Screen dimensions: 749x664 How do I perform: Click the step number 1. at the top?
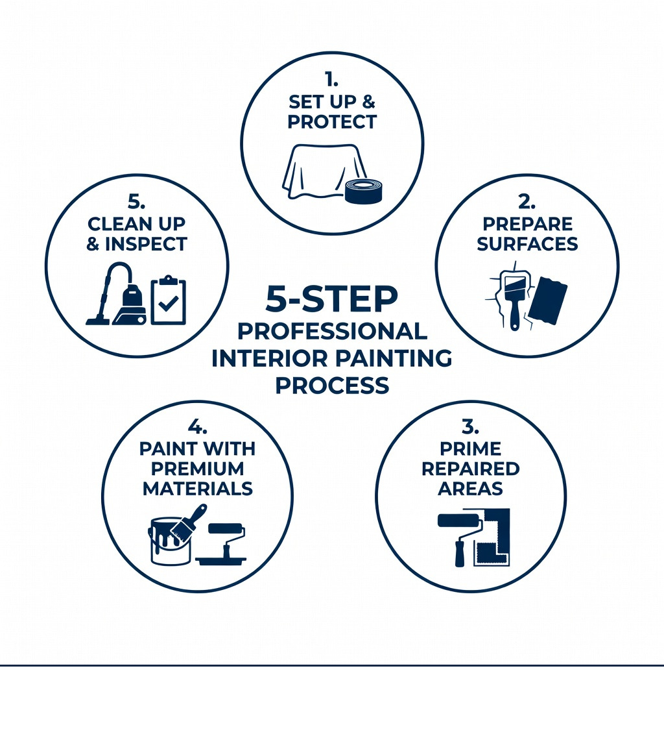331,80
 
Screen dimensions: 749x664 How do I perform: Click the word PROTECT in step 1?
332,122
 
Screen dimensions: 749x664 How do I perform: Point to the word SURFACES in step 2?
527,244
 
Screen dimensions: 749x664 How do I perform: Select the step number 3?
470,427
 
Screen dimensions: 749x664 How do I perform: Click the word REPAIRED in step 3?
470,469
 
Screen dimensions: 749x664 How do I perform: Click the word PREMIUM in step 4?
198,469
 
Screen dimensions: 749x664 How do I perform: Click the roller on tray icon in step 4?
222,544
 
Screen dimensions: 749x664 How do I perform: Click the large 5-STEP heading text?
331,298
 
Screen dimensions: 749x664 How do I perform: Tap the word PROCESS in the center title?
331,386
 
